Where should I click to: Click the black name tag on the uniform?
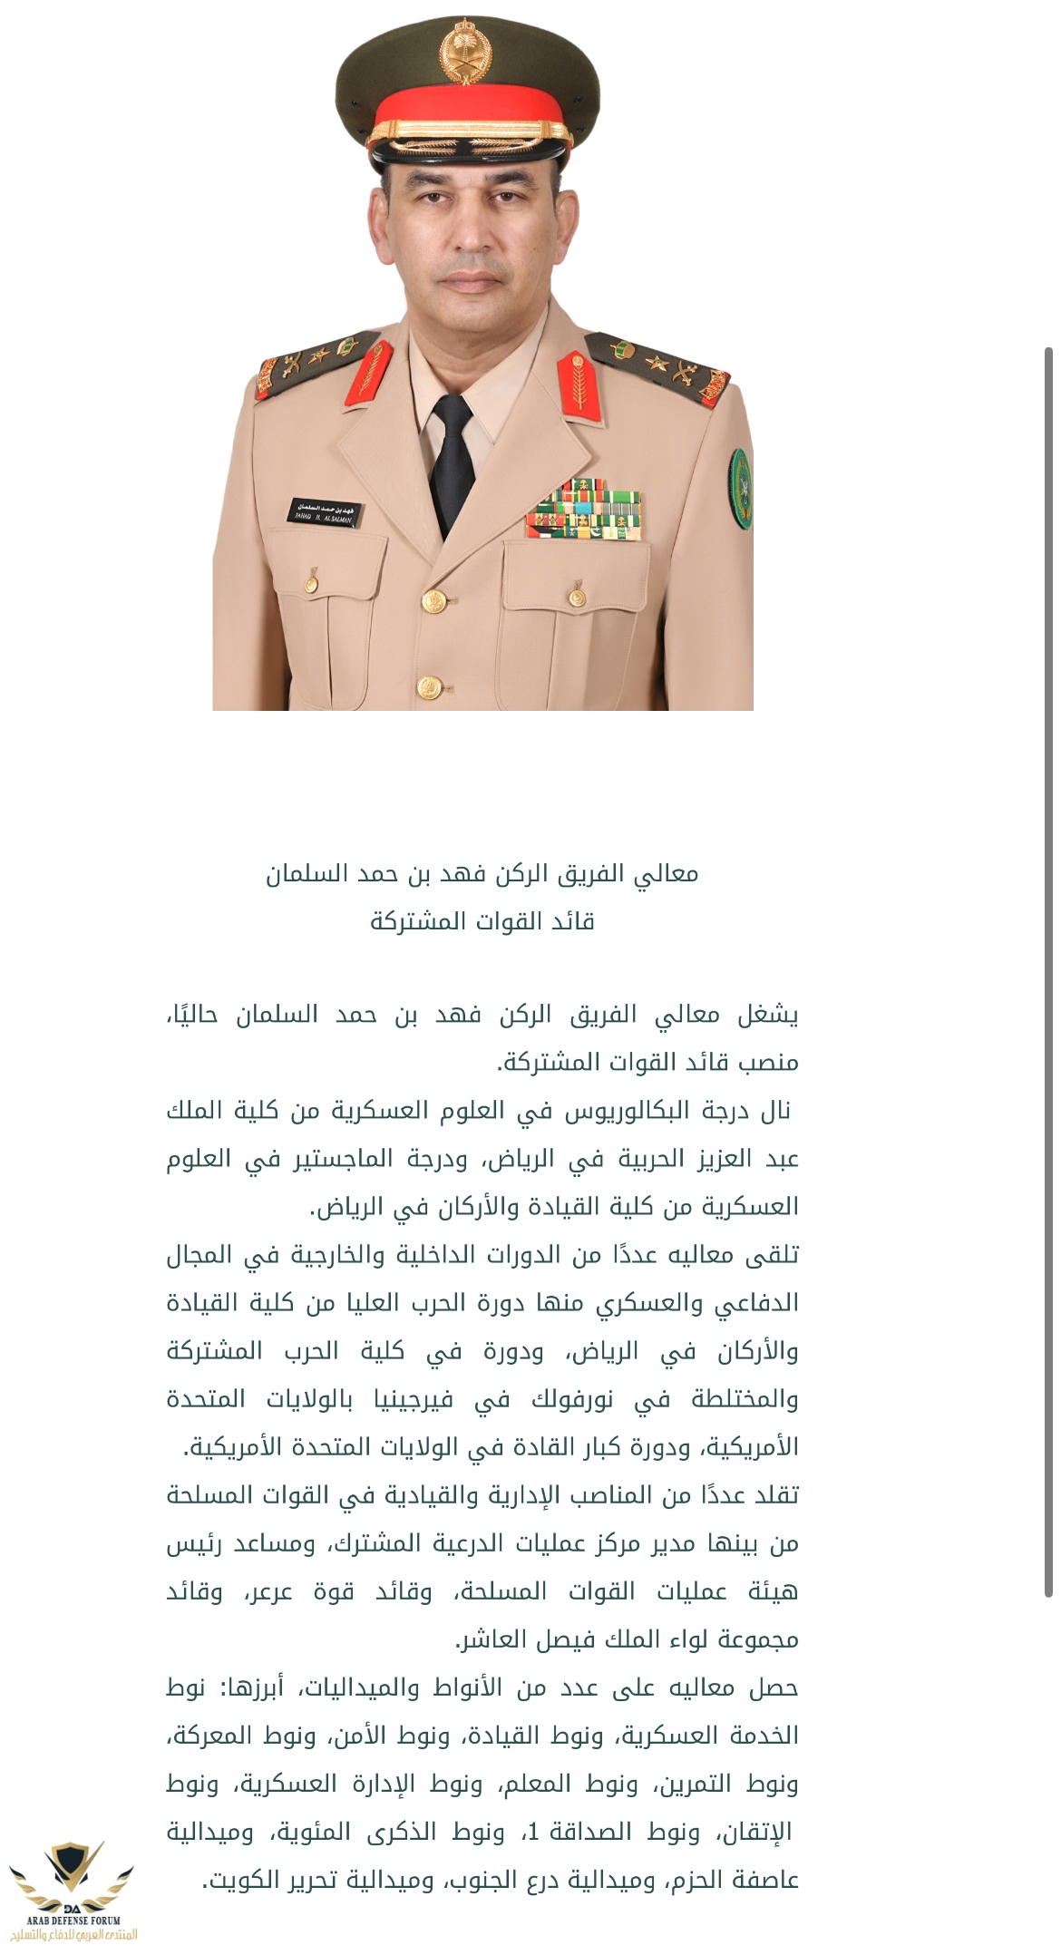(x=324, y=512)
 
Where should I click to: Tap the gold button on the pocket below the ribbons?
(x=577, y=597)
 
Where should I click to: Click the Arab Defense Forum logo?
(x=72, y=1890)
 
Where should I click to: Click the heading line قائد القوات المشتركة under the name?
(x=482, y=921)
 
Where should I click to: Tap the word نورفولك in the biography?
(x=572, y=1400)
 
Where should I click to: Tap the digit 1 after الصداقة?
(x=533, y=1833)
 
